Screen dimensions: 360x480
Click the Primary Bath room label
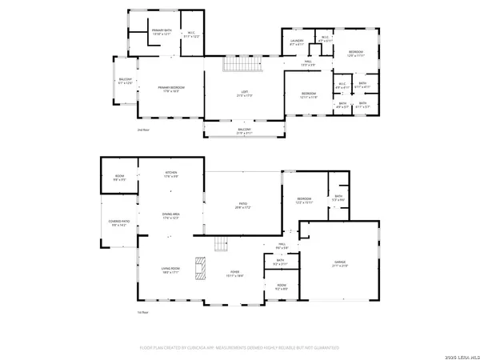(151, 31)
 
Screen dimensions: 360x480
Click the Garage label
(340, 263)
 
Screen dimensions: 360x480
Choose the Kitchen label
(170, 174)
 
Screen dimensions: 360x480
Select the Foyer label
(235, 274)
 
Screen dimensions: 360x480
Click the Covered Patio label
(119, 225)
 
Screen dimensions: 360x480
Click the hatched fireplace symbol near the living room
(202, 266)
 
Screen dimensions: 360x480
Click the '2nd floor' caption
(144, 128)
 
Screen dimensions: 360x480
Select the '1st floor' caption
(144, 311)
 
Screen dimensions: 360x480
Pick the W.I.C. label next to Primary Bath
(192, 34)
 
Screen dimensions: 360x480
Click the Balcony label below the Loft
(244, 130)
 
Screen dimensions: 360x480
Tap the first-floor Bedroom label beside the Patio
(304, 201)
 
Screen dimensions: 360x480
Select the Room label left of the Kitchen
(119, 178)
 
